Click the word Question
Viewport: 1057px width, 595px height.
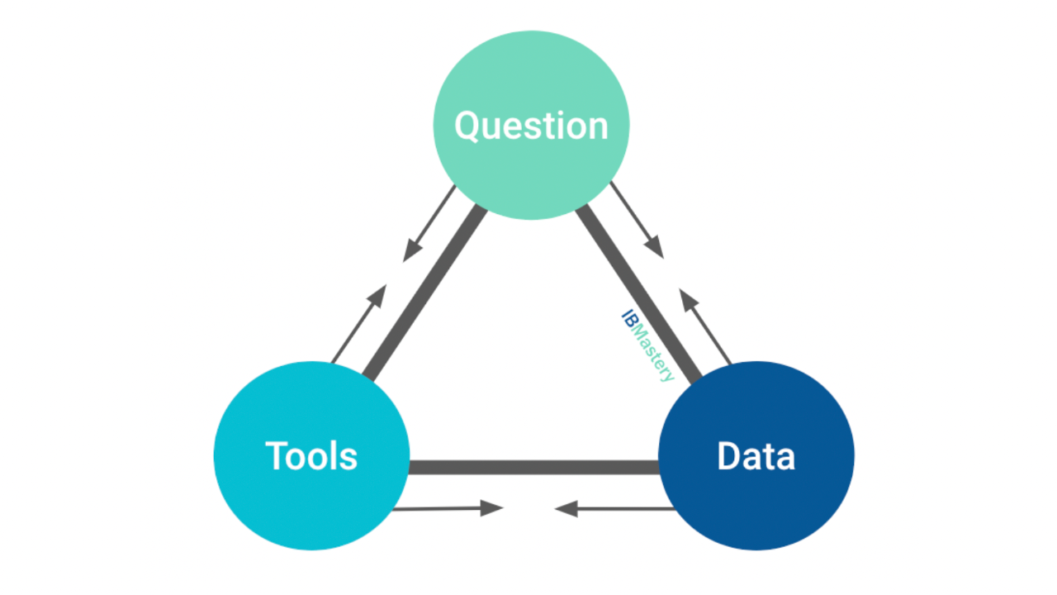[x=531, y=126]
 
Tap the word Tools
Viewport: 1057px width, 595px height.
[x=311, y=455]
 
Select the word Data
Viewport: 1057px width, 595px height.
[x=756, y=455]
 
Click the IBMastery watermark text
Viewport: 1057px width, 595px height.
[x=647, y=345]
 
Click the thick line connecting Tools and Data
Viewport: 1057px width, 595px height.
[x=533, y=467]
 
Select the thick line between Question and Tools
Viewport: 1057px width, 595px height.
[x=424, y=293]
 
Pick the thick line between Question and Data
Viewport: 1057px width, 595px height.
[x=638, y=293]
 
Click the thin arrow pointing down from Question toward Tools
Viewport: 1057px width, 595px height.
[x=429, y=224]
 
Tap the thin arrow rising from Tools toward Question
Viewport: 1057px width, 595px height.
[x=359, y=324]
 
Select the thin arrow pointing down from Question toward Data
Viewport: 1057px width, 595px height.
[x=637, y=220]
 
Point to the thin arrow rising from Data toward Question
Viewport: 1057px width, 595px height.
[x=705, y=326]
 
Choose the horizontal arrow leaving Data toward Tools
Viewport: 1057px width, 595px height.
[x=614, y=508]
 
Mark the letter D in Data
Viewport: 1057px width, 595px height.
[x=728, y=455]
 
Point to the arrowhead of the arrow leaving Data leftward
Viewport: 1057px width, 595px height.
[x=566, y=509]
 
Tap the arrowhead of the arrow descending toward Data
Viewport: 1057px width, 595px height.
[x=655, y=246]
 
